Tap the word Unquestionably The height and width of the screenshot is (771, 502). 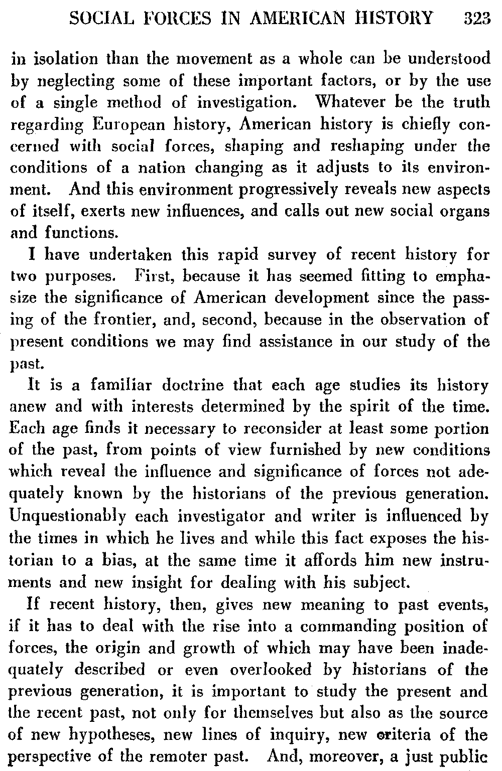click(x=64, y=516)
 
